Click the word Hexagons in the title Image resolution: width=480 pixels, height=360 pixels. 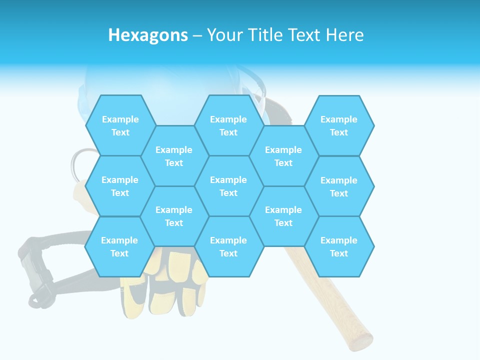(148, 35)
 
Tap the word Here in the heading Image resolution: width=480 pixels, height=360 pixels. (344, 35)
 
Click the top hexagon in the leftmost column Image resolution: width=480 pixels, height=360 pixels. (120, 125)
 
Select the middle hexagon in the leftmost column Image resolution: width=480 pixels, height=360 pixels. (120, 186)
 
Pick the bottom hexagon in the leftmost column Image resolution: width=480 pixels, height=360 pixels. (119, 246)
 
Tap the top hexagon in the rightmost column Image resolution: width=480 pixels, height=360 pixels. (339, 125)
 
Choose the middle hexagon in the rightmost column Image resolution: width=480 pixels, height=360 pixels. (339, 186)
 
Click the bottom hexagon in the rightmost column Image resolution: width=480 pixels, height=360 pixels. (339, 246)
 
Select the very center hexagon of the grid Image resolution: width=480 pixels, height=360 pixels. (228, 186)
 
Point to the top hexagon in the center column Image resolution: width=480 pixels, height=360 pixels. (228, 125)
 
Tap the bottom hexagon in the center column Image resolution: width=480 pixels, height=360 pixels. (228, 246)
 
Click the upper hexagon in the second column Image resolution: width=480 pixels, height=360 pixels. (174, 156)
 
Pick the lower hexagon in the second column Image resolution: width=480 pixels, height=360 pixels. (174, 216)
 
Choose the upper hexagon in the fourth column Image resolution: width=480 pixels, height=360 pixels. (283, 156)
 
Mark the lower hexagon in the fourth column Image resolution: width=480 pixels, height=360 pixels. (283, 216)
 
